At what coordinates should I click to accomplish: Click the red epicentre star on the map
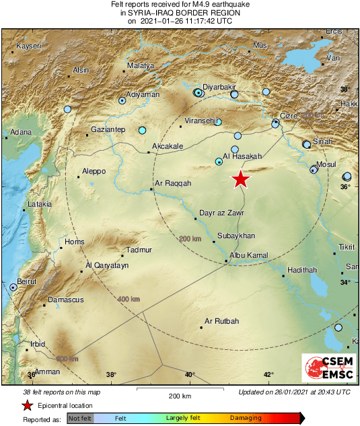coord(241,179)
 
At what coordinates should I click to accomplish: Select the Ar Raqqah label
coord(173,183)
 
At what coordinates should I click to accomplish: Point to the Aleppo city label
coord(94,172)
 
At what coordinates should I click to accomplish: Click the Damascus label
coord(65,299)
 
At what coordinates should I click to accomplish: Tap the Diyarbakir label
coord(219,87)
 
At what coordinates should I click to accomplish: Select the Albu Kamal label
coord(249,256)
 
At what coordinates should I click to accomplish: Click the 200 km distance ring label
coord(190,239)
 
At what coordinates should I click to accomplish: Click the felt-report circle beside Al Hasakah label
coord(219,161)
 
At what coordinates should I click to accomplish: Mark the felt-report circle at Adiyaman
coord(122,100)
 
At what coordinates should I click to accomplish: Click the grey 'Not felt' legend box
coord(79,418)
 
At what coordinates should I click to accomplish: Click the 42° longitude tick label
coord(268,374)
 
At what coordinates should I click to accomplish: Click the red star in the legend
coord(27,405)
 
